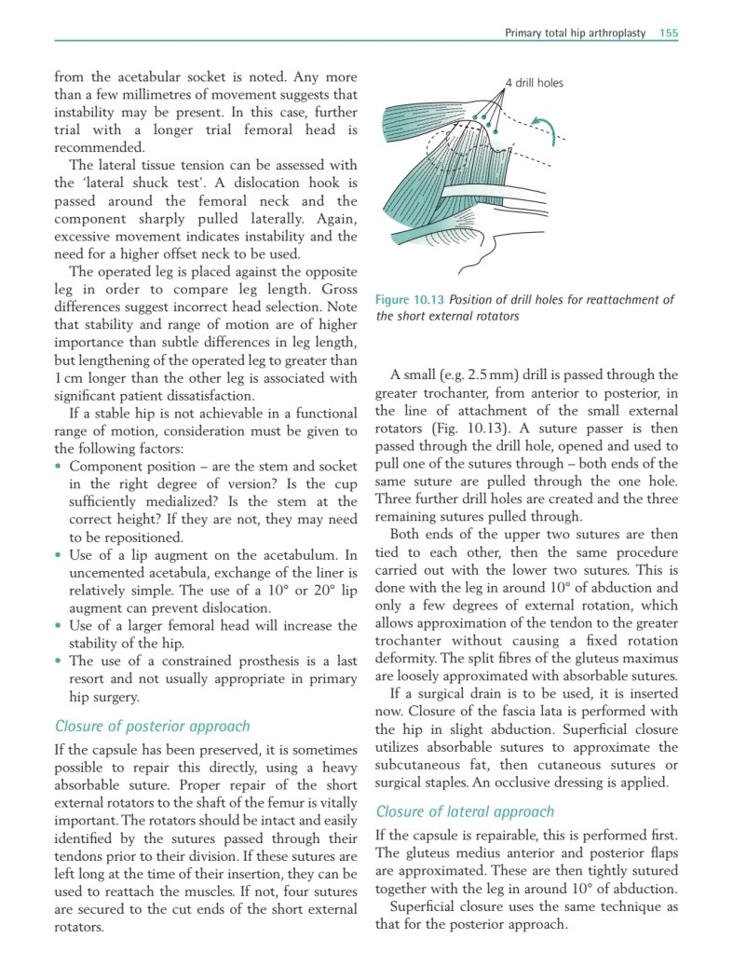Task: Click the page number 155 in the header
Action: tap(668, 33)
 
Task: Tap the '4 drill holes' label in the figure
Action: tap(534, 83)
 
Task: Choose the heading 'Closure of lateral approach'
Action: tap(464, 811)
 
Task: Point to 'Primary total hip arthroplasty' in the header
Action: tap(575, 33)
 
